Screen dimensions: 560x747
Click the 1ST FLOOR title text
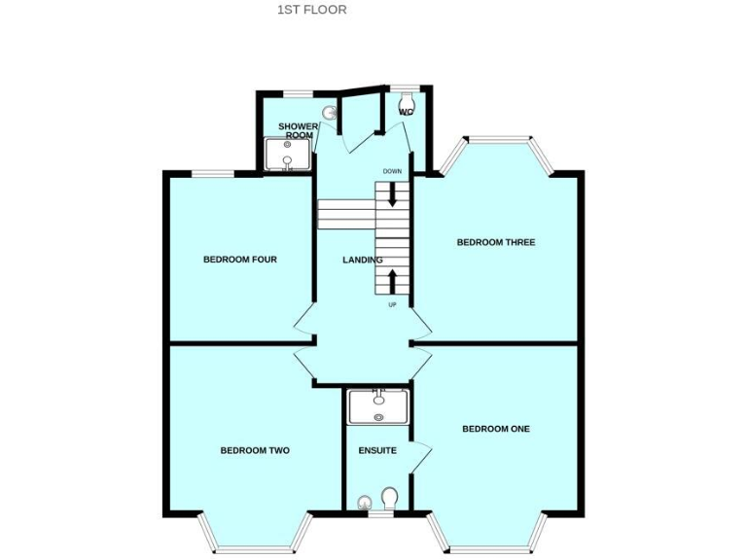pos(311,10)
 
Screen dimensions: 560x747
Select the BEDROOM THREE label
pos(496,242)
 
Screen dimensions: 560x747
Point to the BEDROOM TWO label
pos(255,450)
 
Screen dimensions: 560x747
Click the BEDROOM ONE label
pos(496,429)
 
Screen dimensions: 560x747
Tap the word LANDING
pos(362,260)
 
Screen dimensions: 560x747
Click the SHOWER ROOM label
pos(299,131)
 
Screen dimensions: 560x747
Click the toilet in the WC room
pos(407,100)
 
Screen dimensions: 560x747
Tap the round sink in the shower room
pos(332,113)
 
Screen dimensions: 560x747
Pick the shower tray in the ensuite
pos(378,405)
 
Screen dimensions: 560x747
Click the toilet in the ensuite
pos(390,499)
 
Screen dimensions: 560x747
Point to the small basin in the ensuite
pos(364,502)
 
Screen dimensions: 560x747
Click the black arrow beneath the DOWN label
pos(393,193)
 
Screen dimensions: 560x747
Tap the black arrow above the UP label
pos(393,282)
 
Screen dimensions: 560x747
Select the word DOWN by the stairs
pos(392,172)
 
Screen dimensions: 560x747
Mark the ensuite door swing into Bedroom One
pos(420,457)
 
